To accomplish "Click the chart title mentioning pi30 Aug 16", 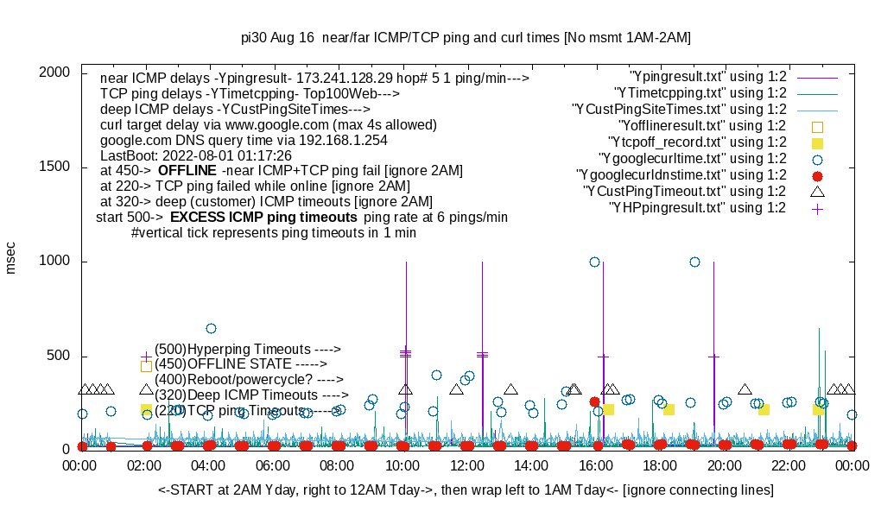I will [466, 38].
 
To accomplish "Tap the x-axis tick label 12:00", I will [466, 466].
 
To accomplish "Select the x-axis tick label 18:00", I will [659, 466].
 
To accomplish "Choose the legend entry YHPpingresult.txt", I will [698, 207].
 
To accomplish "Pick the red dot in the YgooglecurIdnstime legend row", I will [817, 175].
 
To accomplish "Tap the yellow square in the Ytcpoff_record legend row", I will [817, 142].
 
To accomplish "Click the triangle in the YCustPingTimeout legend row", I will [817, 191].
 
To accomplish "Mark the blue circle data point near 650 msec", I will [211, 328].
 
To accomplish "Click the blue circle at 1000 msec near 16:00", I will [594, 262].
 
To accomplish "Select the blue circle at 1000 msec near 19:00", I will [694, 262].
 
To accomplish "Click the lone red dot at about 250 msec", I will [594, 401].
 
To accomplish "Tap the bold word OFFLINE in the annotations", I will [187, 171].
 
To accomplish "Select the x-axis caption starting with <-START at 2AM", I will [466, 490].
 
